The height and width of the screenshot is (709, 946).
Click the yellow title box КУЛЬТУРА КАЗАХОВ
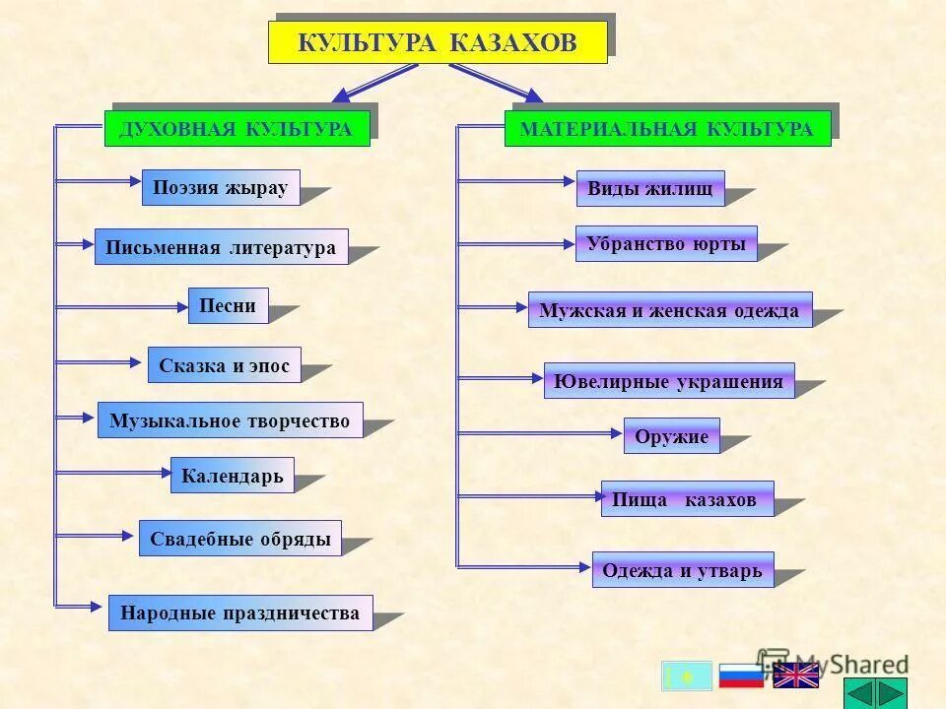click(438, 42)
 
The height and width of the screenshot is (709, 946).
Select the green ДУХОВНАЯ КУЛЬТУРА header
click(236, 129)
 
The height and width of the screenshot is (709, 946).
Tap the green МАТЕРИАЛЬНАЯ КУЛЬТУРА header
click(667, 129)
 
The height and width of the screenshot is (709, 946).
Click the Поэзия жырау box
click(221, 187)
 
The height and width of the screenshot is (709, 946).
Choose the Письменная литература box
click(222, 247)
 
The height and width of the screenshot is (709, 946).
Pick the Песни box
click(228, 305)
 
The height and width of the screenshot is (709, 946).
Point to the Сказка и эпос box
click(225, 365)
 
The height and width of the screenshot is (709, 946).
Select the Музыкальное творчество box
click(230, 420)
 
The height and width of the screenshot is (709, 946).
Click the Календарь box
click(233, 476)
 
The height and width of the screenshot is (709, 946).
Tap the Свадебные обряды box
click(240, 539)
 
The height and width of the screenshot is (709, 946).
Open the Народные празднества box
click(240, 612)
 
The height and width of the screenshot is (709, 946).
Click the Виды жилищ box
click(650, 188)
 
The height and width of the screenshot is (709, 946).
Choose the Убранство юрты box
click(666, 243)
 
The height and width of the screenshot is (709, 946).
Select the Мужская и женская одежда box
click(670, 309)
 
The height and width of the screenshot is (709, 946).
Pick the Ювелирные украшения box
click(669, 381)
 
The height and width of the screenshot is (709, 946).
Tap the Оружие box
click(672, 436)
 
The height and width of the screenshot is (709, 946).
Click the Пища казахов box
click(687, 499)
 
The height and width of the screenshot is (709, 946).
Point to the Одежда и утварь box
click(683, 570)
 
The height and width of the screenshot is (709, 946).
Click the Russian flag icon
click(741, 676)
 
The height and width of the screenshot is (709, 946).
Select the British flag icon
click(796, 676)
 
